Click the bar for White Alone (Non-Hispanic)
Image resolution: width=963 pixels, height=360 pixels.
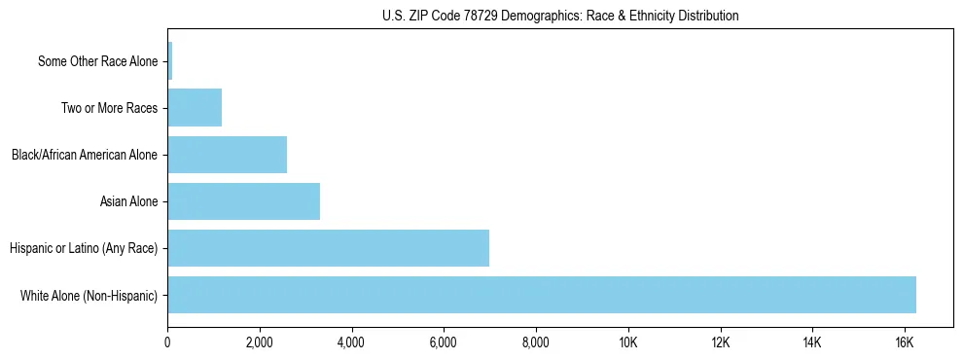coord(542,295)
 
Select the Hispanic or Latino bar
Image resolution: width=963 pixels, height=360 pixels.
coord(328,248)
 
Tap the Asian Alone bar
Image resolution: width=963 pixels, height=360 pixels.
coord(243,201)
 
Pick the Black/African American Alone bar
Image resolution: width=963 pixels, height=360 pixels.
coord(227,155)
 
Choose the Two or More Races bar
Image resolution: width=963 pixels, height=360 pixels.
coord(195,108)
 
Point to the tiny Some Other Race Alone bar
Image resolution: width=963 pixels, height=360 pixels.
coord(170,61)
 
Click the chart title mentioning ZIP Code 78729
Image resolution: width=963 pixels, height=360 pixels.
coord(560,16)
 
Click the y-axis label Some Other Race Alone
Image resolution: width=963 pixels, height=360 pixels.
coord(97,61)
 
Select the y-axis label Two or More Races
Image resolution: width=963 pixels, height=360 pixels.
coord(109,108)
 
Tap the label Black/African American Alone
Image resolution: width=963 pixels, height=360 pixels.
coord(85,155)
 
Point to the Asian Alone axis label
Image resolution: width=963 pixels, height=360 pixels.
coord(128,201)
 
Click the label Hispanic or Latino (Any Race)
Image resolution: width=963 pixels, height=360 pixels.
coord(84,248)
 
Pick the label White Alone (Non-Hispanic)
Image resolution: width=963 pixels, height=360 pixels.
coord(89,295)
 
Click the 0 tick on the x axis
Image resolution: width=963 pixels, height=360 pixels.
coord(167,342)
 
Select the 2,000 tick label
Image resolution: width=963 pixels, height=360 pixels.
coord(260,342)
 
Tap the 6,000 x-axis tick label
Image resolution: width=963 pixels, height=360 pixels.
coord(444,342)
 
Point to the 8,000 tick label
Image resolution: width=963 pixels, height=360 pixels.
coord(536,342)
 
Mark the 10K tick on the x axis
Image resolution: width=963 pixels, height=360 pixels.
coord(628,342)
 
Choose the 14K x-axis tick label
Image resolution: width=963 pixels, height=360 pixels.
coord(812,342)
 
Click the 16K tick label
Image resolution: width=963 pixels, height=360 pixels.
coord(905,342)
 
